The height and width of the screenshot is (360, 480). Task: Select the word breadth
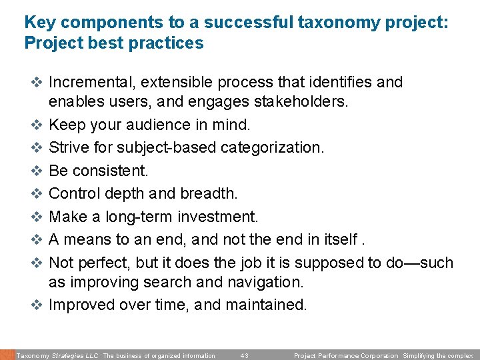(x=207, y=193)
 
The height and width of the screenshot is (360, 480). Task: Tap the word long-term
(x=144, y=217)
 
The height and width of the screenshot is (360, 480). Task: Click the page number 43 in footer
(x=244, y=356)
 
